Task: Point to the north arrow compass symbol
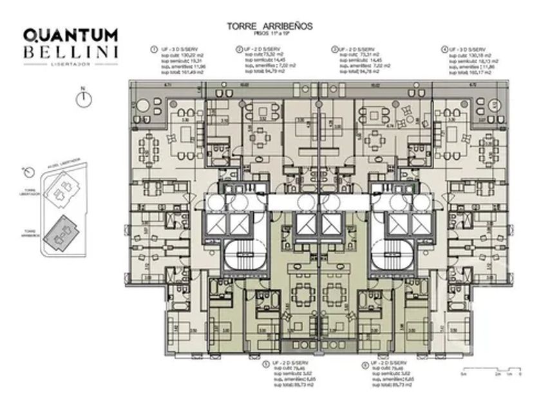pos(82,99)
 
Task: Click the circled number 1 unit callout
pos(154,48)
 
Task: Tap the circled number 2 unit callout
pos(239,48)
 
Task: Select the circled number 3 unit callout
pos(334,48)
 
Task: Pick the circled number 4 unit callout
pos(444,48)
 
